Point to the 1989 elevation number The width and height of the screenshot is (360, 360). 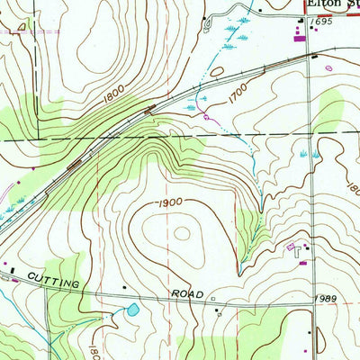(326, 298)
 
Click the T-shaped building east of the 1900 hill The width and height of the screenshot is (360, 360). (298, 253)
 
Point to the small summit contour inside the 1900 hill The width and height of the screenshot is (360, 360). (183, 234)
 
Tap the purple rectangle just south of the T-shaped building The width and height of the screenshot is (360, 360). (301, 263)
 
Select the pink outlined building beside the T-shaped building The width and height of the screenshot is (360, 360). (290, 246)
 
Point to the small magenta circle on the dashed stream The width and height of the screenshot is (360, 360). (207, 116)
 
